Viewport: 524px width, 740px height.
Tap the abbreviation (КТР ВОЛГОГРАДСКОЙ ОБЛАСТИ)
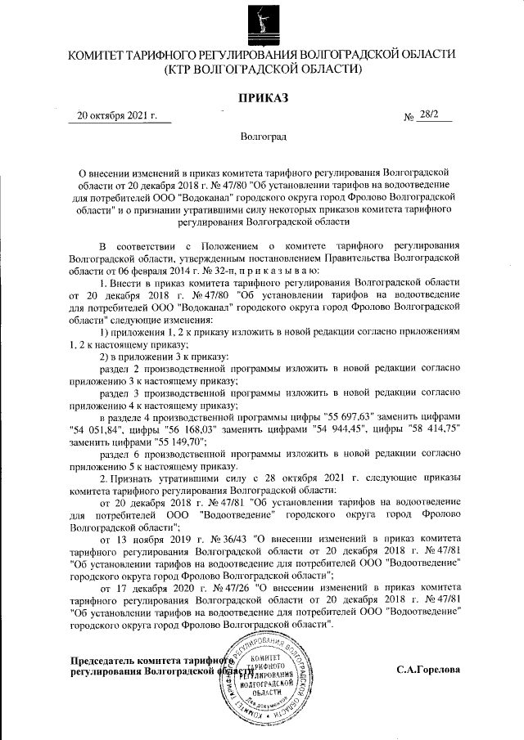[262, 70]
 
